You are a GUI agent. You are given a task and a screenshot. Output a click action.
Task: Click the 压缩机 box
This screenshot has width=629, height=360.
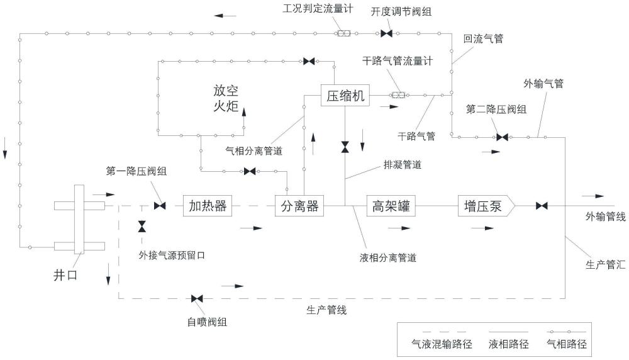pyautogui.click(x=345, y=96)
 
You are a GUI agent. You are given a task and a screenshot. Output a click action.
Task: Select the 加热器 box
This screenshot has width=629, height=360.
pyautogui.click(x=208, y=206)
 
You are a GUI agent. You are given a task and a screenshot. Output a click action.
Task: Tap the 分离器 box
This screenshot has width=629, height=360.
pyautogui.click(x=299, y=206)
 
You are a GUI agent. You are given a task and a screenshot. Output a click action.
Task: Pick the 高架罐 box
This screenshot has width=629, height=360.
pyautogui.click(x=391, y=206)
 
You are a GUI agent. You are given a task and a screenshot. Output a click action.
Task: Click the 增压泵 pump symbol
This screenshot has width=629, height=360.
pyautogui.click(x=486, y=206)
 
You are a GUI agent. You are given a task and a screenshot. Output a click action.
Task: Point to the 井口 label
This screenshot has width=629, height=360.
pyautogui.click(x=65, y=275)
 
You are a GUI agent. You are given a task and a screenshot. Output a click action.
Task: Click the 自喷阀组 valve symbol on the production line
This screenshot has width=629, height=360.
pyautogui.click(x=197, y=298)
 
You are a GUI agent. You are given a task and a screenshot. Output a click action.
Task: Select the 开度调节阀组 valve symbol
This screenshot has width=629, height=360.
pyautogui.click(x=386, y=34)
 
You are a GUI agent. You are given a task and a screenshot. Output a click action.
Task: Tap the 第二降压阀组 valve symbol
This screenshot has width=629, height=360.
pyautogui.click(x=502, y=137)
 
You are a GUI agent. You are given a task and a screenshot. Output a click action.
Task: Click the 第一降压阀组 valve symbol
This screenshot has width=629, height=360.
pyautogui.click(x=160, y=206)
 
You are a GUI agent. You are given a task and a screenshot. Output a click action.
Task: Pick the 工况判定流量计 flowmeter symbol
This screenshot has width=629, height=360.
pyautogui.click(x=343, y=34)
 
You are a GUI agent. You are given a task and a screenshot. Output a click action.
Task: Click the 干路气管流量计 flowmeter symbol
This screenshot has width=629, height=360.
pyautogui.click(x=398, y=96)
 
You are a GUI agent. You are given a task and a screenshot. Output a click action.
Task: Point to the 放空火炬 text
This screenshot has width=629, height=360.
pyautogui.click(x=226, y=98)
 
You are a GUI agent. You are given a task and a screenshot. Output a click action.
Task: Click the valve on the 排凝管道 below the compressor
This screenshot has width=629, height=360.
pyautogui.click(x=345, y=147)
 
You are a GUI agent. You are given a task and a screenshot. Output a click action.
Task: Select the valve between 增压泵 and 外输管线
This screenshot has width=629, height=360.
pyautogui.click(x=542, y=206)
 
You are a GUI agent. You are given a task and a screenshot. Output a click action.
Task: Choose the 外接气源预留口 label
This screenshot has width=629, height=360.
pyautogui.click(x=172, y=256)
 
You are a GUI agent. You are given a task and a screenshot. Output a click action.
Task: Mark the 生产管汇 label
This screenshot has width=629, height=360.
pyautogui.click(x=605, y=264)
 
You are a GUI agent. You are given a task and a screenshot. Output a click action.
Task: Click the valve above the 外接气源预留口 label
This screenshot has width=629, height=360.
pyautogui.click(x=142, y=227)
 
